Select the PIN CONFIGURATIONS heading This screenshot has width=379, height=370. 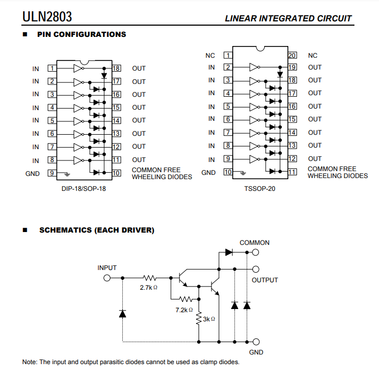click(x=81, y=34)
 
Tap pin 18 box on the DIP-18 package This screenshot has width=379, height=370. click(x=117, y=68)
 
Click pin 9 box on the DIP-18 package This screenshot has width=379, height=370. click(x=52, y=173)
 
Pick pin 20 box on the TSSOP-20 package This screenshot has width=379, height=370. click(x=292, y=55)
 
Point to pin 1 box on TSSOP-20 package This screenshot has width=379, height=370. click(x=228, y=55)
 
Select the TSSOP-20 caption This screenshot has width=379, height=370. click(x=259, y=188)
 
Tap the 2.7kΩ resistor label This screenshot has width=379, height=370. click(x=149, y=288)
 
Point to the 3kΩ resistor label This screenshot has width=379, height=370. click(x=209, y=319)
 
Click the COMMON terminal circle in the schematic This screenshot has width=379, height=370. click(x=256, y=251)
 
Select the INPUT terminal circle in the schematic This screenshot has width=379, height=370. click(x=107, y=278)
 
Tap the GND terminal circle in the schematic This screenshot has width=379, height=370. click(x=256, y=341)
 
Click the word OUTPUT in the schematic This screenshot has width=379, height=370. click(x=265, y=280)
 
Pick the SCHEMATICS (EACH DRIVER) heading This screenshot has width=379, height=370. click(x=97, y=230)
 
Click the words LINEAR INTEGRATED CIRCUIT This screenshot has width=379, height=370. click(x=288, y=18)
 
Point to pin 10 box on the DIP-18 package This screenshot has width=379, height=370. click(x=117, y=173)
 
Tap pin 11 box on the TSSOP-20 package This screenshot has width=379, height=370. click(x=292, y=172)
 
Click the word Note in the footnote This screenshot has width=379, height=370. click(x=29, y=362)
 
